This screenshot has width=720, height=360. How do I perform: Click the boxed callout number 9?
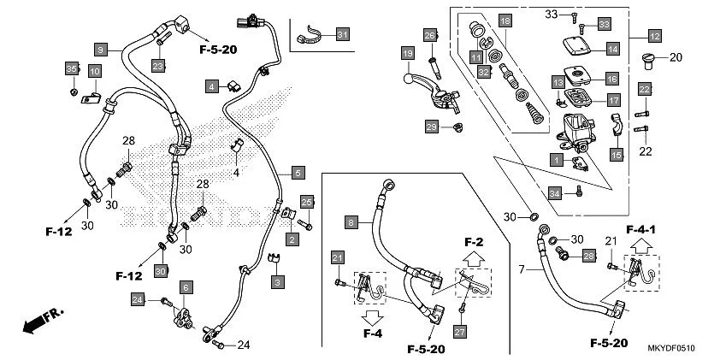point(101,50)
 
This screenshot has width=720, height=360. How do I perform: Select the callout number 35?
point(72,68)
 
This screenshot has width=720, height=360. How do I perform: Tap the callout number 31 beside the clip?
point(342,34)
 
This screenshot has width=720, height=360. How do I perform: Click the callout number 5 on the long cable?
point(297,173)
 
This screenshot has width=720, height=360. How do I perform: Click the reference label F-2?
point(473,242)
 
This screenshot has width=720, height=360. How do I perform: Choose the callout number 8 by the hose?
point(351,222)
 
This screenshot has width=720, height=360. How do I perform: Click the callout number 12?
point(654,36)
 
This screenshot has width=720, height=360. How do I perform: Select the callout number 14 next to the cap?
point(612,49)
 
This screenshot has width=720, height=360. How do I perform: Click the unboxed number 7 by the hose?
point(522,269)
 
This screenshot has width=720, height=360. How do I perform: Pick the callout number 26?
point(430,35)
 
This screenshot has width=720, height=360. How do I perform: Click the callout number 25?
point(307,202)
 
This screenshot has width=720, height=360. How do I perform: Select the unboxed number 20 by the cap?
point(676,58)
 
